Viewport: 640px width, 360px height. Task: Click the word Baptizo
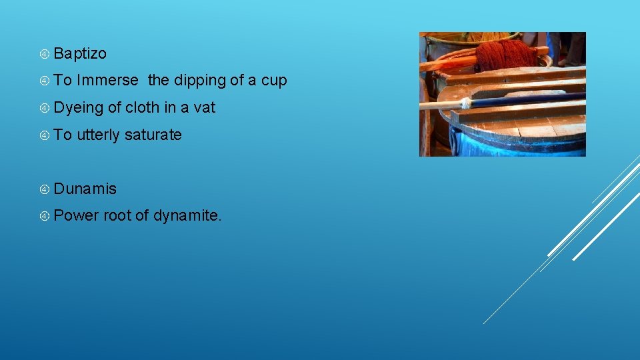point(80,53)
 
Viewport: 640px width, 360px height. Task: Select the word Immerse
point(108,81)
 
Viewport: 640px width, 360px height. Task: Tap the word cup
point(274,81)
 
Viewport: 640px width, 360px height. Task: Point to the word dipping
point(200,81)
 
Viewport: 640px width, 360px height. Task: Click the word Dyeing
point(79,108)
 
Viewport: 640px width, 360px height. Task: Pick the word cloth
point(142,107)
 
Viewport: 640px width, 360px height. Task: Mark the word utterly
point(99,135)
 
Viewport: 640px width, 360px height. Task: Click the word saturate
point(153,135)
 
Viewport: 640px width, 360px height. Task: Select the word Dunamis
point(85,189)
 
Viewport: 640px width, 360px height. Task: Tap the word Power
point(76,216)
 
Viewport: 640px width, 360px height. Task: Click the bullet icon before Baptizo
point(45,53)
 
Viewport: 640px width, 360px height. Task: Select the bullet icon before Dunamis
point(45,189)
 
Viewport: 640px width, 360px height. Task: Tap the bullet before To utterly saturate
point(45,135)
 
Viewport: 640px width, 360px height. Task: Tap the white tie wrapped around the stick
point(465,103)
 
